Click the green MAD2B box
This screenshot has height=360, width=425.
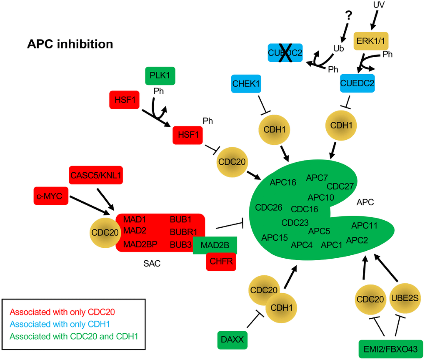215,245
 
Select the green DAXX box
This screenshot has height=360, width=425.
232,340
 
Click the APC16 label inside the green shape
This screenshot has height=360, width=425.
283,182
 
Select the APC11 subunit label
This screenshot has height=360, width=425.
364,226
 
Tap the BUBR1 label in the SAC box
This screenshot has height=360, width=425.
184,231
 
